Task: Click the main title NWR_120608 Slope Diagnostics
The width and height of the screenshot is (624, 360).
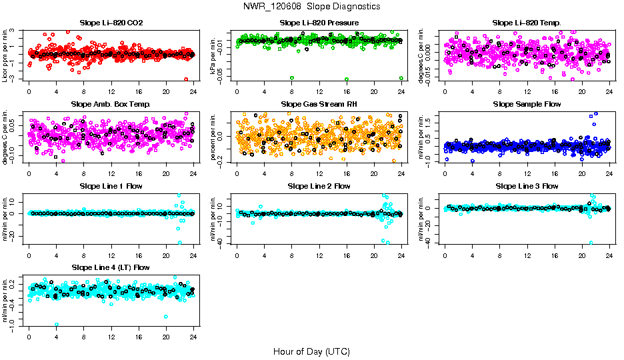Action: pos(312,6)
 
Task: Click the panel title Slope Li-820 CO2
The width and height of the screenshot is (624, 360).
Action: pos(111,23)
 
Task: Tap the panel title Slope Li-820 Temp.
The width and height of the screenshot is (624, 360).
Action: pos(527,23)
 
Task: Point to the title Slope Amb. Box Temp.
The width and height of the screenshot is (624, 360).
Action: pos(111,105)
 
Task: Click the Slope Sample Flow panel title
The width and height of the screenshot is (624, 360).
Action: pos(527,105)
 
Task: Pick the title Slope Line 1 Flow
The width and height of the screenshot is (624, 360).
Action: pos(111,186)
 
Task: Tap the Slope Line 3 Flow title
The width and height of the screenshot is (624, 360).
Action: pos(527,186)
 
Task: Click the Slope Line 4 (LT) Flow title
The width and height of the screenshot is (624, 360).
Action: pos(111,267)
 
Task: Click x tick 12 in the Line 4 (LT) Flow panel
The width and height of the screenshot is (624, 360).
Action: pos(111,337)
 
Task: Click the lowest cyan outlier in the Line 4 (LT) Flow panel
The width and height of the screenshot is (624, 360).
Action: pos(57,325)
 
